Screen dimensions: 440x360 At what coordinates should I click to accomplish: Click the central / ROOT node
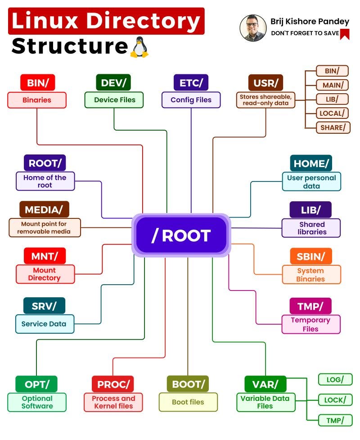(181, 235)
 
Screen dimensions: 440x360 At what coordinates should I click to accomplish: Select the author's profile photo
(253, 28)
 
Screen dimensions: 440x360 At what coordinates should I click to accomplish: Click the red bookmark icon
(345, 34)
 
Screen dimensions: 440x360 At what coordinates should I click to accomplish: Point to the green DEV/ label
(113, 83)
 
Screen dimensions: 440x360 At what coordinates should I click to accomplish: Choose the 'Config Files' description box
(191, 100)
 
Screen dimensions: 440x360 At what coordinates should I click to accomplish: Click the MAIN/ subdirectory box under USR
(333, 85)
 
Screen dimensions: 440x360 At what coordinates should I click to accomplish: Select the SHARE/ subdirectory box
(333, 127)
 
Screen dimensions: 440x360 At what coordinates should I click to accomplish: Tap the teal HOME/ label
(311, 163)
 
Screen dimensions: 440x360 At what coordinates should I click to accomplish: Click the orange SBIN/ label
(310, 256)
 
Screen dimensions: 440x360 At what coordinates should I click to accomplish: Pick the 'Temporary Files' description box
(310, 324)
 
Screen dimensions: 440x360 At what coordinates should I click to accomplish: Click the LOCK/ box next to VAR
(335, 399)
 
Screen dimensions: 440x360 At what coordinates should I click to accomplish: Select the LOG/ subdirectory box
(335, 380)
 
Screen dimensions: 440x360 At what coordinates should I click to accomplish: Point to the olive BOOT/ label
(188, 384)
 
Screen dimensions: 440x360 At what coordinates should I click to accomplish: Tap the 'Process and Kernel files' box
(113, 402)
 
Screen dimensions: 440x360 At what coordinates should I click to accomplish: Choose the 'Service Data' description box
(44, 324)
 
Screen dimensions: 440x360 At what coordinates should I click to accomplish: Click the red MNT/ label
(45, 256)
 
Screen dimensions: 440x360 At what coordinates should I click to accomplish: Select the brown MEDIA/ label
(44, 209)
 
